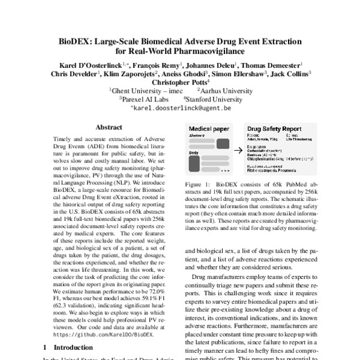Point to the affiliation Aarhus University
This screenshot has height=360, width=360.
(x=225, y=91)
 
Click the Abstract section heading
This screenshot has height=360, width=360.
(x=110, y=128)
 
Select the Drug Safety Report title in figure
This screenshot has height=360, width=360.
(x=275, y=130)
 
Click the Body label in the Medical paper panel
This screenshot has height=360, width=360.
(x=194, y=153)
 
